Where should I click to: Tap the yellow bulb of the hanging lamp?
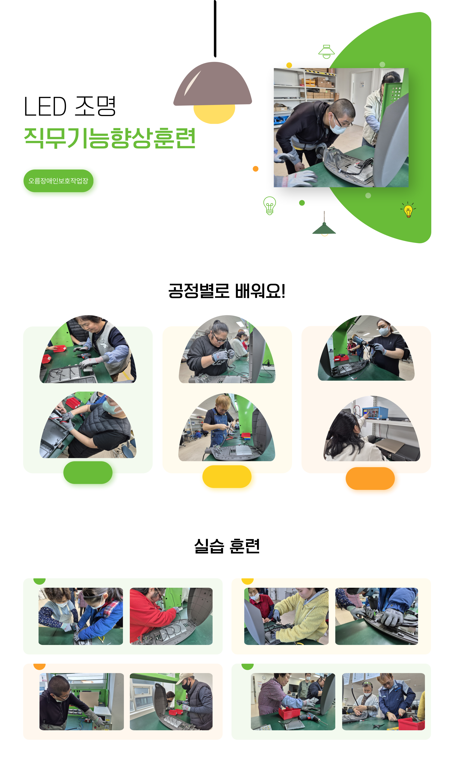coord(214,114)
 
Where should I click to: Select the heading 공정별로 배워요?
coord(227,291)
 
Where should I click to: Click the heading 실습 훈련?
coord(227,546)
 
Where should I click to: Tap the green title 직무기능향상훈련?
coord(110,138)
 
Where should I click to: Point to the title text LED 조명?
coord(70,106)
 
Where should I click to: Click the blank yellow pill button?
coord(227,476)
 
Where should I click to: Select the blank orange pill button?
coord(370,478)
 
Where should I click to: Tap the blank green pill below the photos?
coord(88,472)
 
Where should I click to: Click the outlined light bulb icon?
coord(270,205)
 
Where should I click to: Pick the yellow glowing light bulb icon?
coord(408,210)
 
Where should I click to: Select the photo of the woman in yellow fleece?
coord(286,616)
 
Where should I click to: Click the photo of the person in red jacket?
coord(171,616)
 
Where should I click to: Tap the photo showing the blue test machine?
coord(372,428)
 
